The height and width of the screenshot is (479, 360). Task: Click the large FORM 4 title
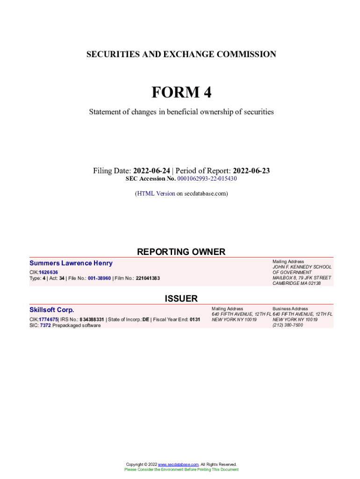pyautogui.click(x=181, y=93)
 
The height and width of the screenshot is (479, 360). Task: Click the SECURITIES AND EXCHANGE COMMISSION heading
pyautogui.click(x=181, y=54)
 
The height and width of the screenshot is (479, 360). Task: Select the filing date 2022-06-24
pyautogui.click(x=151, y=171)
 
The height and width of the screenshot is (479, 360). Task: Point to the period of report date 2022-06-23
pyautogui.click(x=251, y=171)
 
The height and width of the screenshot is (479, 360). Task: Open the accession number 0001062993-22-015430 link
pyautogui.click(x=207, y=179)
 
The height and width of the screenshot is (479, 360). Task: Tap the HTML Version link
pyautogui.click(x=156, y=193)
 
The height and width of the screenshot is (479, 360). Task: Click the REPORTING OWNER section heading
pyautogui.click(x=181, y=252)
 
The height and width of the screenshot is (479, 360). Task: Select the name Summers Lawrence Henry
pyautogui.click(x=71, y=263)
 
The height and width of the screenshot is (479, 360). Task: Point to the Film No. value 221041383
pyautogui.click(x=148, y=278)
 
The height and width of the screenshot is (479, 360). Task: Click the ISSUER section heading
pyautogui.click(x=181, y=298)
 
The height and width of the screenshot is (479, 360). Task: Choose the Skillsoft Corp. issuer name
pyautogui.click(x=52, y=310)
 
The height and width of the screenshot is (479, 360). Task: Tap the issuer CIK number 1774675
pyautogui.click(x=48, y=319)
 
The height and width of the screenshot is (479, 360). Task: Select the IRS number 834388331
pyautogui.click(x=92, y=319)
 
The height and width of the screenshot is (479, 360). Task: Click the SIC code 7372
pyautogui.click(x=45, y=325)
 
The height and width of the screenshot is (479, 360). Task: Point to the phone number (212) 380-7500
pyautogui.click(x=288, y=325)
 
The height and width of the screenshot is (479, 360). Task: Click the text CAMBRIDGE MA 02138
pyautogui.click(x=297, y=283)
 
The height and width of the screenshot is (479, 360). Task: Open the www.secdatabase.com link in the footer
pyautogui.click(x=178, y=464)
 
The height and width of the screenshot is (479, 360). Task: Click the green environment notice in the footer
pyautogui.click(x=181, y=469)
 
